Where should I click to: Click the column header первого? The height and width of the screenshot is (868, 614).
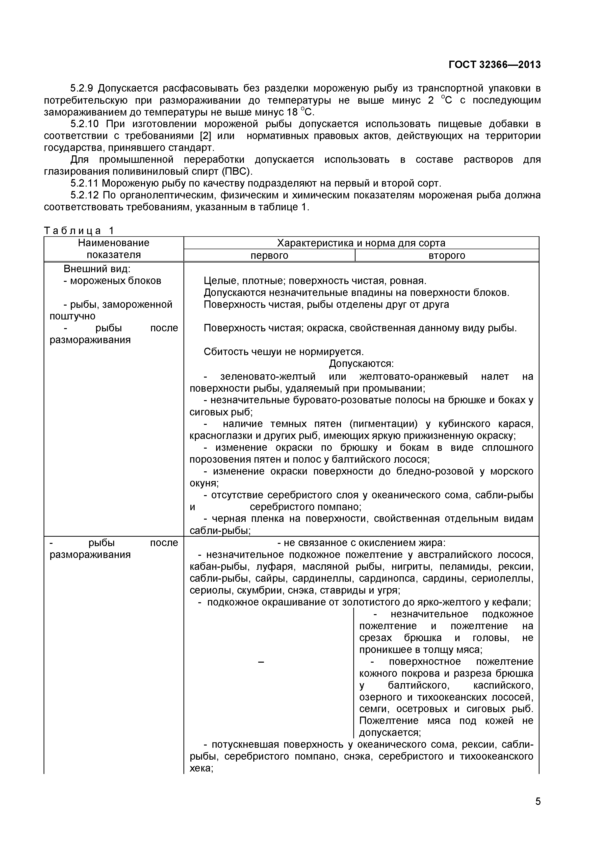pyautogui.click(x=269, y=256)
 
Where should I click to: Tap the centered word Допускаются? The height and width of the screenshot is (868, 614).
pyautogui.click(x=361, y=364)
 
